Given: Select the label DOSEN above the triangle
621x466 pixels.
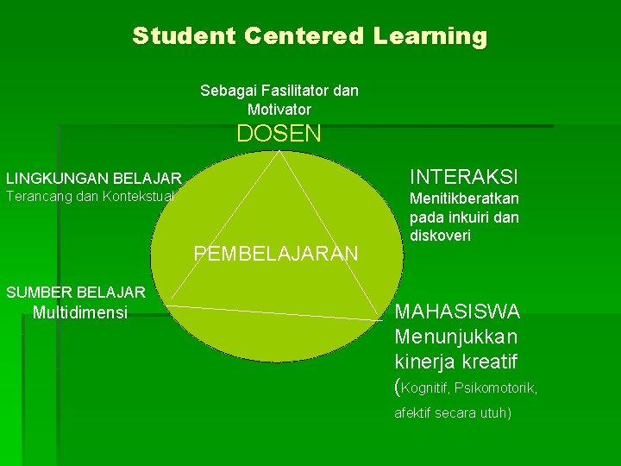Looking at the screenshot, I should click(279, 134).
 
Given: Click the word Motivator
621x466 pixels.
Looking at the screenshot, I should click(279, 110).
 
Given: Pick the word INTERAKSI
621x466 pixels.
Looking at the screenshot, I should click(464, 177).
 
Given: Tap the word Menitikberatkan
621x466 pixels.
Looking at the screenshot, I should click(464, 199).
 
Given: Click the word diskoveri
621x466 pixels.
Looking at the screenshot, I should click(441, 236).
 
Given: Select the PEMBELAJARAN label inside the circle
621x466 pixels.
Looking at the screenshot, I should click(276, 254).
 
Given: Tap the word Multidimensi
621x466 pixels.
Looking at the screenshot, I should click(79, 312).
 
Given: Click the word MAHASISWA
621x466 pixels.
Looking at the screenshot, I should click(457, 311).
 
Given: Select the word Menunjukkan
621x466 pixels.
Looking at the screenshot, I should click(456, 335).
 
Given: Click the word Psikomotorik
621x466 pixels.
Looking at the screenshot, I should click(501, 388).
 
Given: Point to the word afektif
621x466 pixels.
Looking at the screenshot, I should click(414, 413).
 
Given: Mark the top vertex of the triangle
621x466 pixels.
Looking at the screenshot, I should click(278, 153).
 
